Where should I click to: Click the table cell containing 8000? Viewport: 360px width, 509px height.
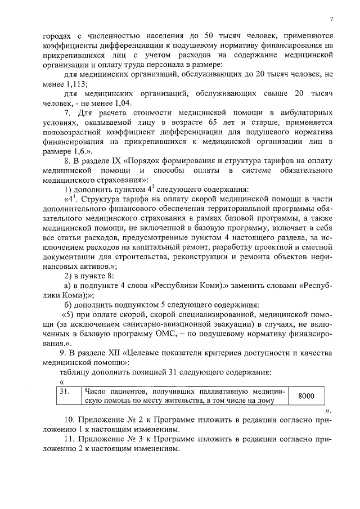point(306,396)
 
